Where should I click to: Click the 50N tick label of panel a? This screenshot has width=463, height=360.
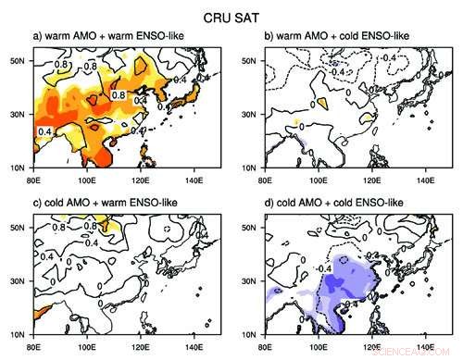point(17,60)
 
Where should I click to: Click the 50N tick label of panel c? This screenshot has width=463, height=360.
point(17,225)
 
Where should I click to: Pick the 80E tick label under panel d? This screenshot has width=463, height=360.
point(266,343)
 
